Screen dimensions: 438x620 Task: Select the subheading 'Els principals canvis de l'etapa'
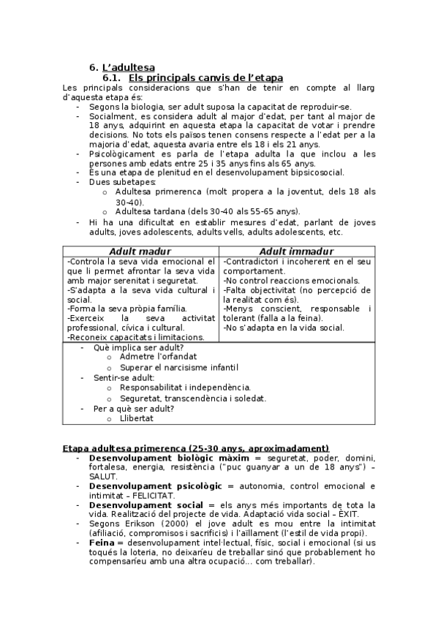click(205, 77)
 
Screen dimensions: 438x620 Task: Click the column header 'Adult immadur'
click(297, 252)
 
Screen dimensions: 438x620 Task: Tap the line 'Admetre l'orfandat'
click(158, 357)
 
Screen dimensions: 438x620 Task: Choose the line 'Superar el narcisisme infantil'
click(178, 367)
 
